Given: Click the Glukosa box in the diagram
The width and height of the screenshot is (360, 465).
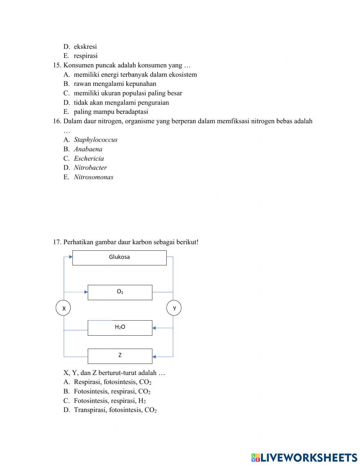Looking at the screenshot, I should (x=119, y=258).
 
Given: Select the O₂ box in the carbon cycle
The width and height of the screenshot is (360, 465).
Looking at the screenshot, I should (x=120, y=292).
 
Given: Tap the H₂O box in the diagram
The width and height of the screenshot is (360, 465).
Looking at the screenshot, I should (x=120, y=327).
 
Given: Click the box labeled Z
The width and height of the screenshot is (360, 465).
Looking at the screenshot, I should (x=120, y=356).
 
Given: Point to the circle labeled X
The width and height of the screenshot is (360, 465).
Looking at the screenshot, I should (x=63, y=308).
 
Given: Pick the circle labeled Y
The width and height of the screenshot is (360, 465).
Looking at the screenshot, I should (x=174, y=308).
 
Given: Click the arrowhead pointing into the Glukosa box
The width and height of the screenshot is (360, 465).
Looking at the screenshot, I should (x=71, y=257).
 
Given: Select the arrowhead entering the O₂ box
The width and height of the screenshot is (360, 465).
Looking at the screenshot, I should (x=86, y=292).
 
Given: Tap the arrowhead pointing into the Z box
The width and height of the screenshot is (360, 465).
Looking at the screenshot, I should (x=154, y=357).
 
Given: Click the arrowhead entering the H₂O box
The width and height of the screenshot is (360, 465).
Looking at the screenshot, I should (x=154, y=328).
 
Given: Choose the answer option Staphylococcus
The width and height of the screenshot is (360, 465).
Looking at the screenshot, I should (x=95, y=140).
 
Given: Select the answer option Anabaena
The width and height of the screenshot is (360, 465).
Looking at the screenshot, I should (x=88, y=149).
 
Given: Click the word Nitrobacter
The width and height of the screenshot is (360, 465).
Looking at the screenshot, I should (x=90, y=167).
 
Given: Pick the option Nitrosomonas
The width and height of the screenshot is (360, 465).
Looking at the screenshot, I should (x=93, y=177).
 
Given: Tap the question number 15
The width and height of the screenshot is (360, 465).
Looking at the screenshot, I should (x=57, y=65).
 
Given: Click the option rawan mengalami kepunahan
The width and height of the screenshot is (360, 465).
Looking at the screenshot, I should (x=115, y=84).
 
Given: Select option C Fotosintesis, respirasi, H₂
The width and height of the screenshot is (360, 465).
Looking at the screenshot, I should (x=109, y=401).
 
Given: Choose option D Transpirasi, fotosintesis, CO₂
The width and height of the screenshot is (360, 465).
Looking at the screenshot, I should (x=115, y=410).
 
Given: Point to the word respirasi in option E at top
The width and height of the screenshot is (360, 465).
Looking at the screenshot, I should (x=85, y=56).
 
